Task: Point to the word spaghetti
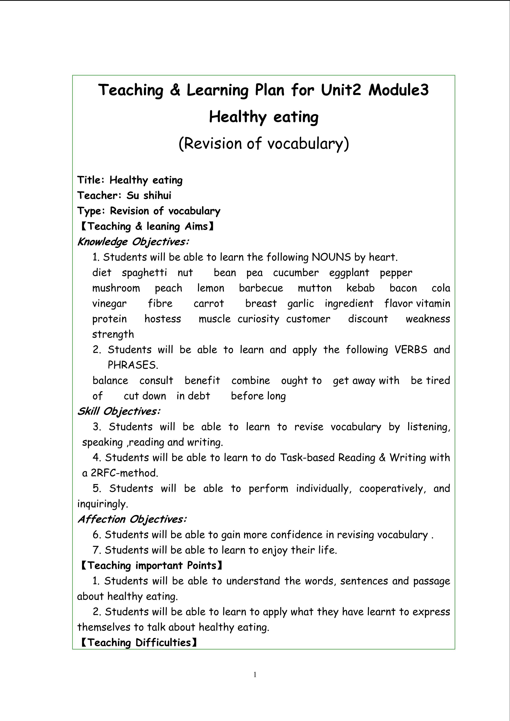pyautogui.click(x=144, y=273)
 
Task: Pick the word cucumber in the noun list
pyautogui.click(x=296, y=273)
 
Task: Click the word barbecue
pyautogui.click(x=261, y=288)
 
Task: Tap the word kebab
pyautogui.click(x=360, y=288)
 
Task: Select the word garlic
pyautogui.click(x=301, y=303)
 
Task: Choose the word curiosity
pyautogui.click(x=258, y=319)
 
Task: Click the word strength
pyautogui.click(x=113, y=334)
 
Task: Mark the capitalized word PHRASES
pyautogui.click(x=133, y=365)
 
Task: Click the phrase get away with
pyautogui.click(x=366, y=381)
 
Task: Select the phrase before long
pyautogui.click(x=259, y=396)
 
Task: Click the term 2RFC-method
pyautogui.click(x=124, y=473)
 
